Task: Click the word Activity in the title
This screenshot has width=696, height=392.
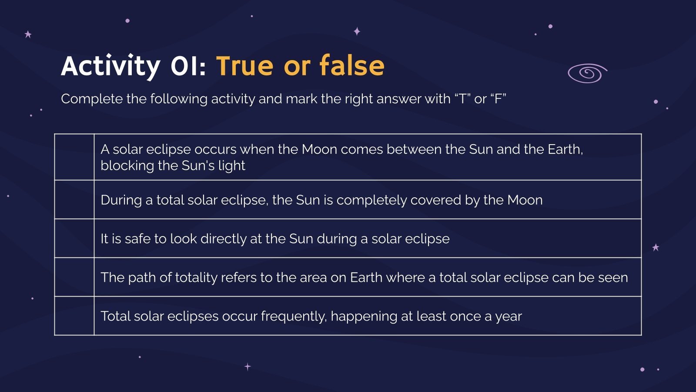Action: (110, 66)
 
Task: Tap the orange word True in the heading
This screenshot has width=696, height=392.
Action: (244, 66)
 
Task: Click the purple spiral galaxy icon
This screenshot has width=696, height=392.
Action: (587, 73)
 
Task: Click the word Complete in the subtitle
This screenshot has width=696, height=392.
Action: (91, 99)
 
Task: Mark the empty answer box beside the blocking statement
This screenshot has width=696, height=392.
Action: (74, 157)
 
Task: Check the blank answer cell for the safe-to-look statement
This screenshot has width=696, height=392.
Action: (74, 238)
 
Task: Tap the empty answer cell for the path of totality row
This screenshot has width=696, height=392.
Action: (74, 277)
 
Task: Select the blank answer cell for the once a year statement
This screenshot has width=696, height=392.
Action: (74, 316)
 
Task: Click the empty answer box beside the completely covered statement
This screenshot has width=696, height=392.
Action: (74, 199)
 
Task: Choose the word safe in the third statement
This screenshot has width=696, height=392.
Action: (137, 239)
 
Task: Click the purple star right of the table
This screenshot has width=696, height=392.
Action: (656, 247)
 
